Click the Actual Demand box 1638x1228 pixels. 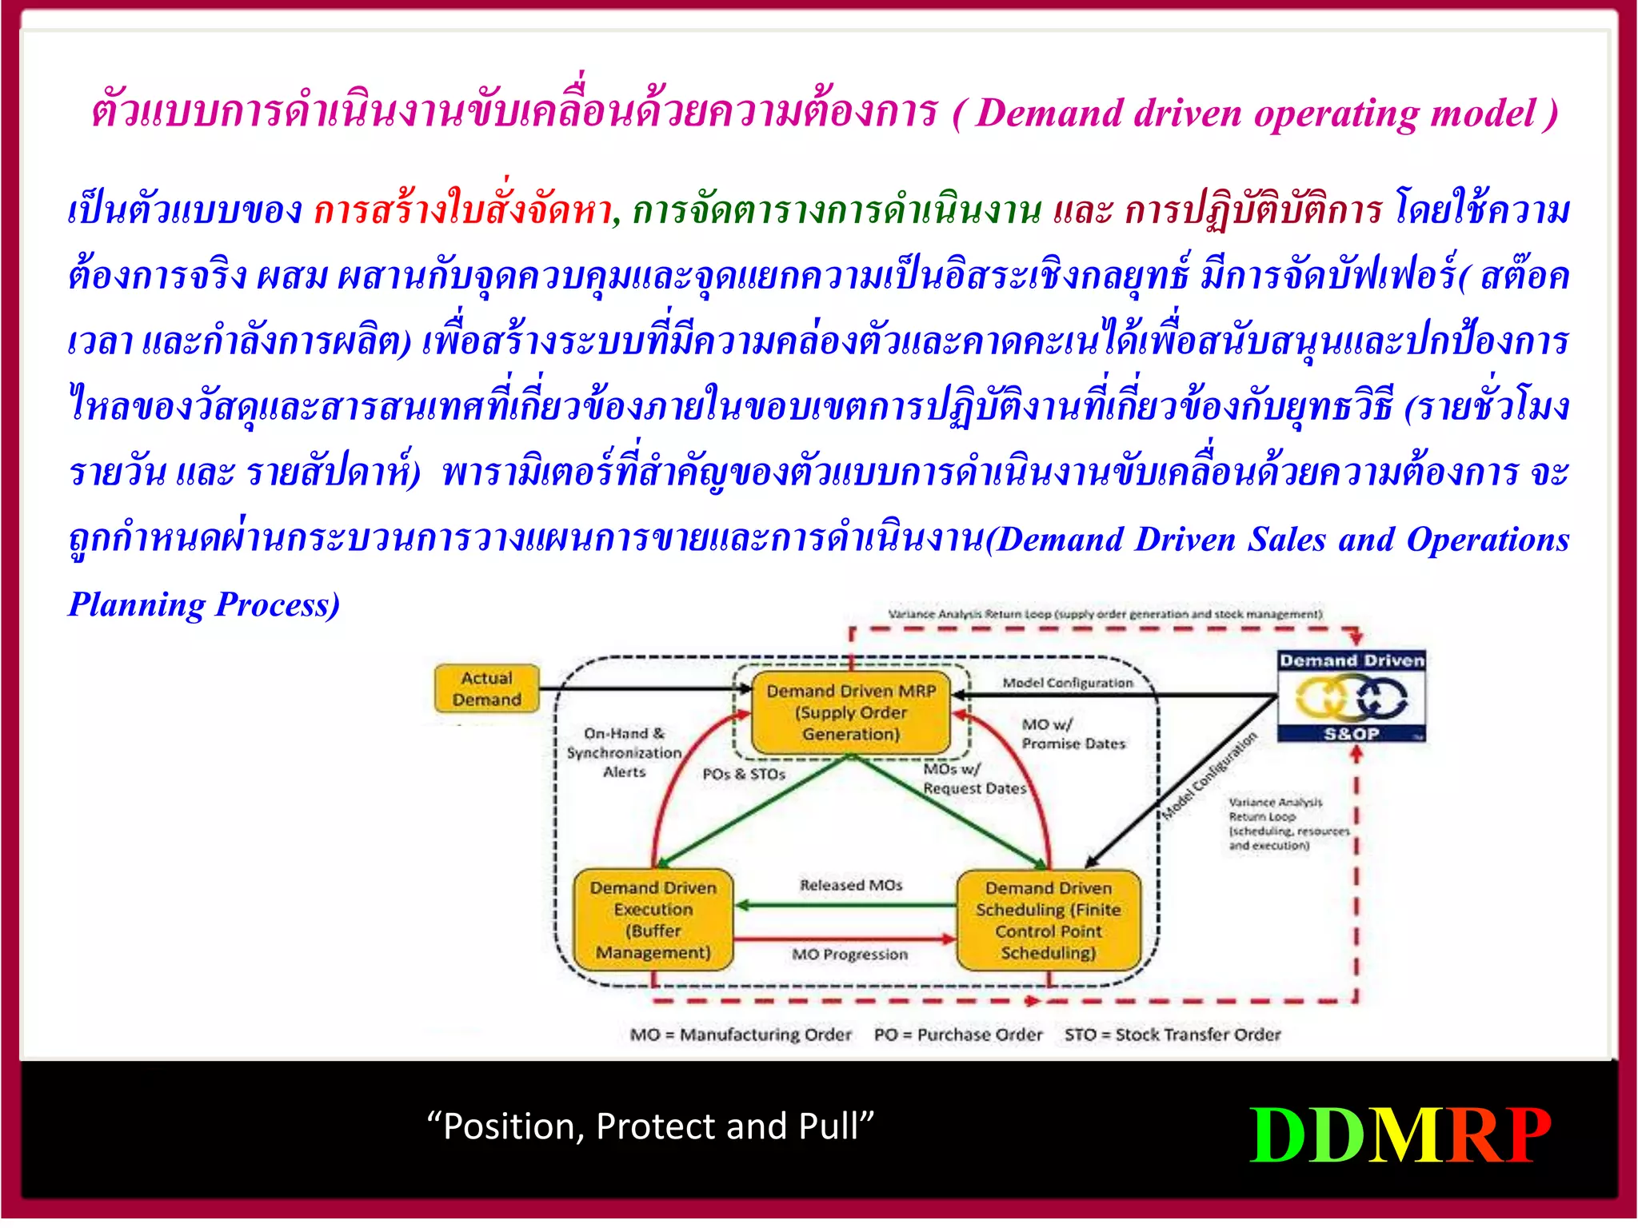point(486,688)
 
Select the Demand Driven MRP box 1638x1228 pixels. point(851,712)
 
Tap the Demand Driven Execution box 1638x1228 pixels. point(653,920)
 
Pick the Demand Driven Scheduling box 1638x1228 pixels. point(1048,920)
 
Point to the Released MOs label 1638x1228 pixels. point(851,885)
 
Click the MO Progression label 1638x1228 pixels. point(849,955)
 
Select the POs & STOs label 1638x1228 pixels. point(744,774)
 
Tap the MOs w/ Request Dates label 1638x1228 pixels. point(973,779)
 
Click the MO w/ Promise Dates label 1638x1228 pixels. point(1073,734)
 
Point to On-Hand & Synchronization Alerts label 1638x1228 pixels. point(624,752)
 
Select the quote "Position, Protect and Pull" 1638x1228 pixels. point(650,1126)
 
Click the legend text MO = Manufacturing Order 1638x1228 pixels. point(741,1035)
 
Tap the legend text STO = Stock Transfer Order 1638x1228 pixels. point(1172,1035)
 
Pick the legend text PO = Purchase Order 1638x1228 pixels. point(958,1035)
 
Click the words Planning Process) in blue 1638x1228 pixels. point(205,604)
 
